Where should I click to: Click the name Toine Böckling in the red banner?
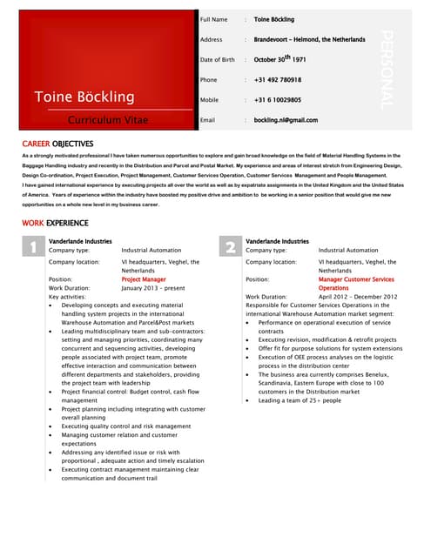pos(84,96)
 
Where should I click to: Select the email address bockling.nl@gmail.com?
pos(286,120)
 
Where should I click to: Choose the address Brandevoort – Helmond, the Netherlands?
pos(309,39)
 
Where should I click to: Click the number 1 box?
pos(31,249)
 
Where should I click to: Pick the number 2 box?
pos(229,249)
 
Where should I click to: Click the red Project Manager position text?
pos(144,279)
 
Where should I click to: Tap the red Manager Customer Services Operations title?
pos(355,284)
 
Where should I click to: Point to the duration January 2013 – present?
pos(153,288)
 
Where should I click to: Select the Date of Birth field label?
pos(218,60)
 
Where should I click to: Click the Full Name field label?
pos(213,19)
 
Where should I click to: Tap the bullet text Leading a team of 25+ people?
pos(300,400)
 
